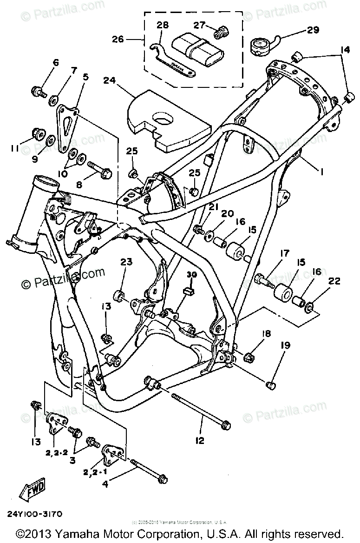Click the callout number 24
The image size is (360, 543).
(109, 81)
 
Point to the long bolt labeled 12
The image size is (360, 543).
(199, 410)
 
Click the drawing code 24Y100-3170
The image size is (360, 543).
(35, 514)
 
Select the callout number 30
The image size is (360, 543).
(189, 275)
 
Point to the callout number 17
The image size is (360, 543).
(284, 253)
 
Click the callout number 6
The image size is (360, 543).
(56, 63)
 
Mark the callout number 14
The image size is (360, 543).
(345, 49)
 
